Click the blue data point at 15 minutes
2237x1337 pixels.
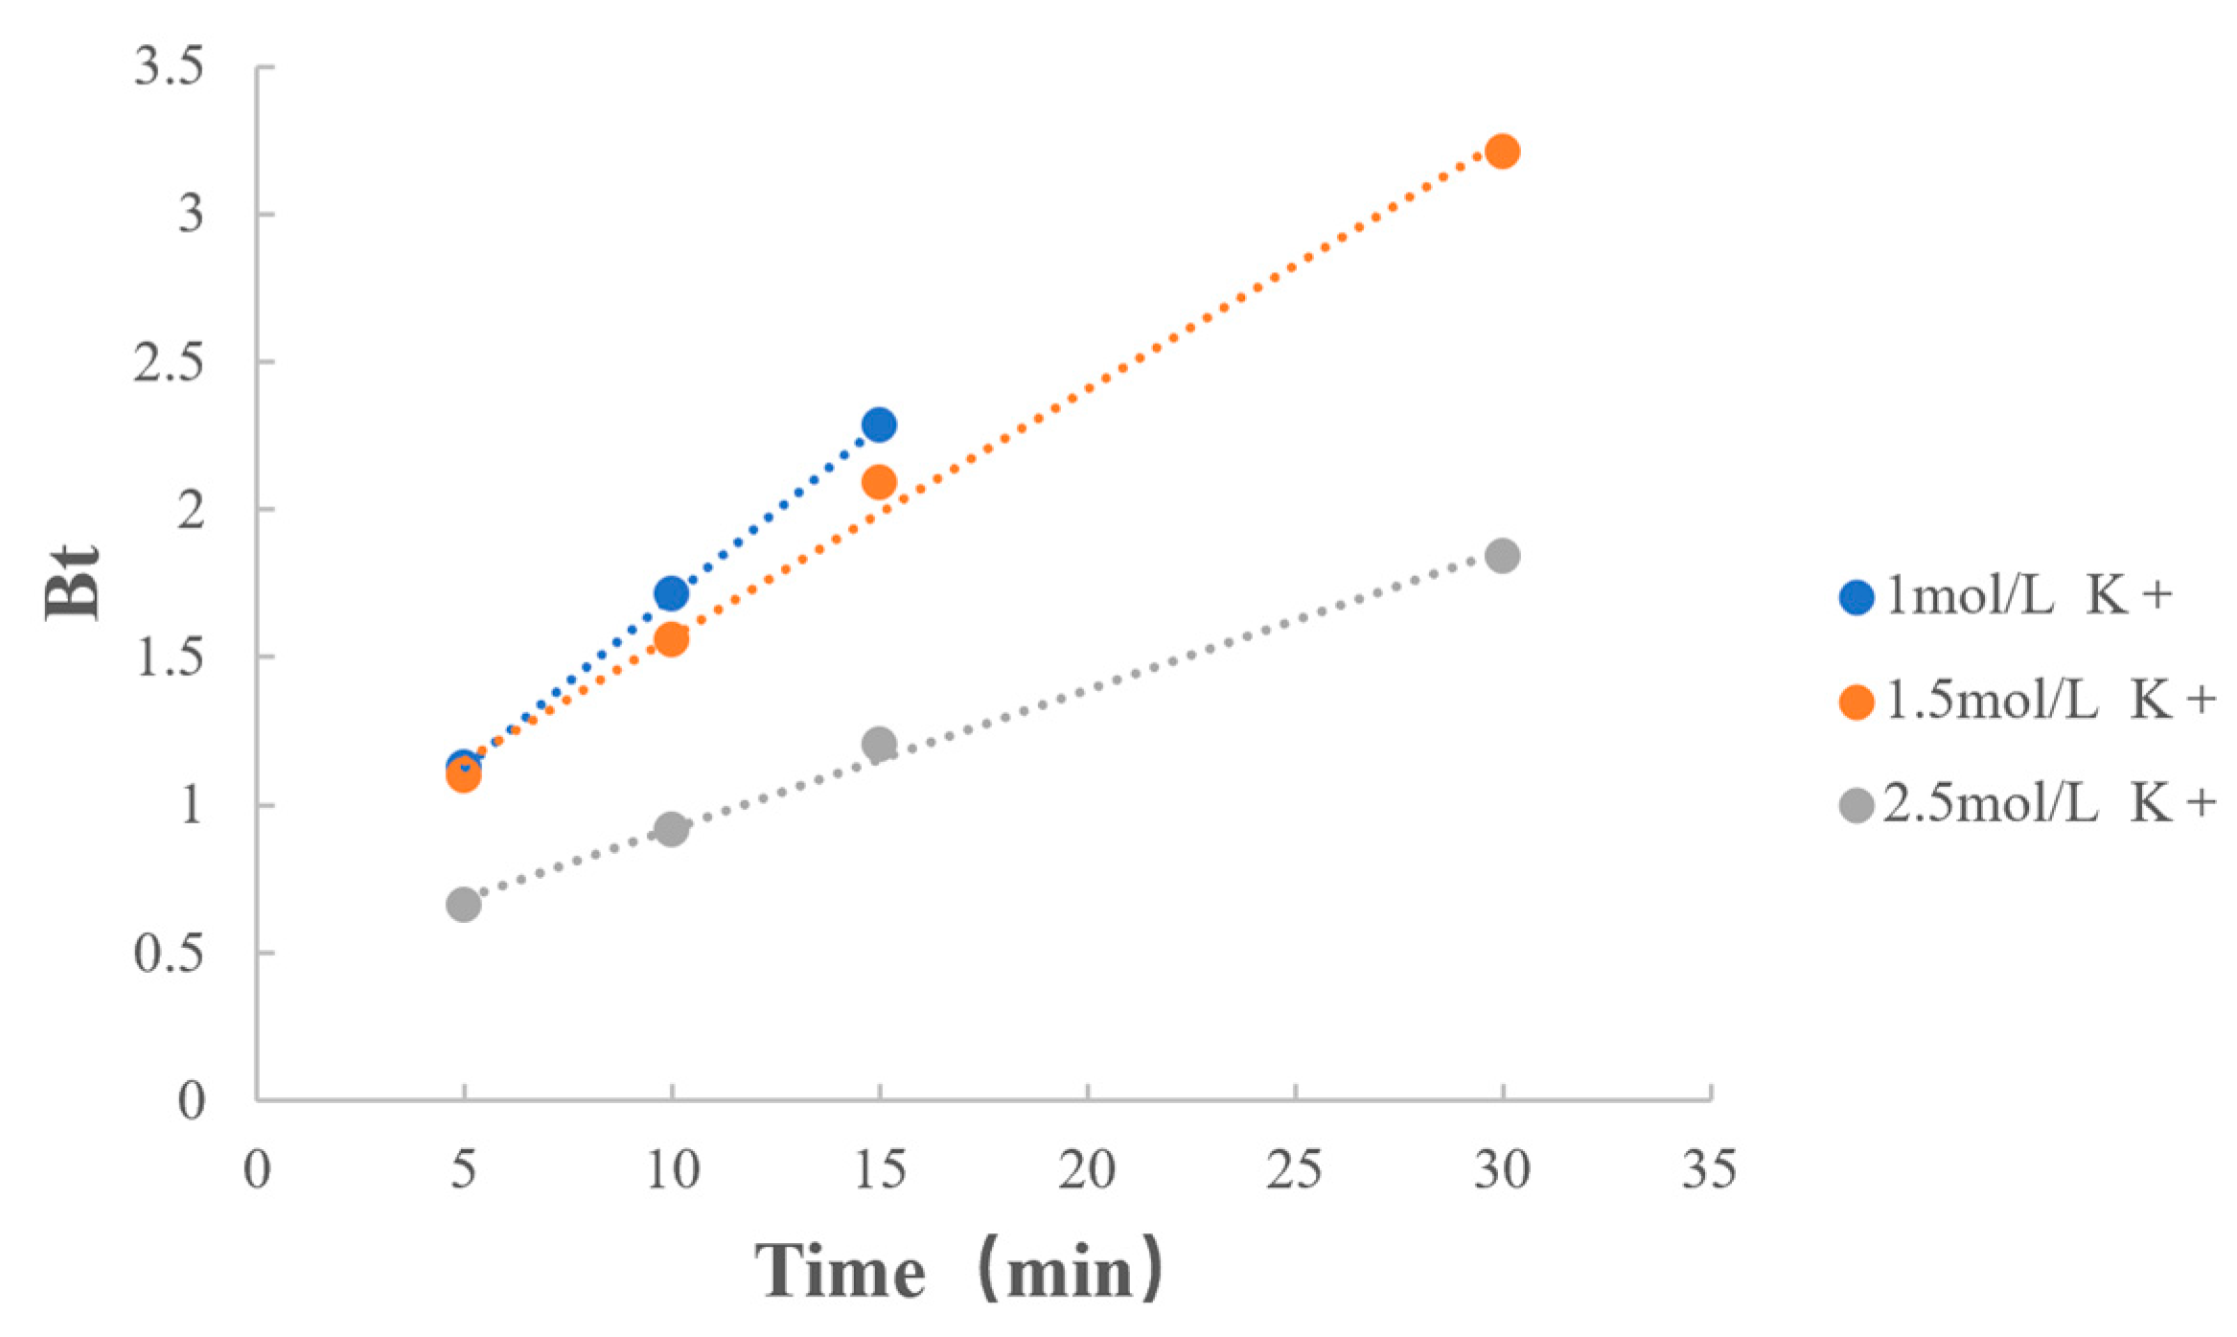[878, 425]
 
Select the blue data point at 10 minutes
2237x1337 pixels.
[671, 594]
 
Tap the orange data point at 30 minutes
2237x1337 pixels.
[1502, 151]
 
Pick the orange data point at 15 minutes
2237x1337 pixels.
[878, 482]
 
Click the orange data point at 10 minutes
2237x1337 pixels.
[671, 639]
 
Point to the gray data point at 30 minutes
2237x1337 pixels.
[1502, 556]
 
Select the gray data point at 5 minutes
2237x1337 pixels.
[463, 905]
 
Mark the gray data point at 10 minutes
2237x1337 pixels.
[671, 829]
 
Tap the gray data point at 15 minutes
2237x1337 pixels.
[878, 744]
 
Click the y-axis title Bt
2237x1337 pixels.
[73, 583]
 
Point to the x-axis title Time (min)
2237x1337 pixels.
[958, 1271]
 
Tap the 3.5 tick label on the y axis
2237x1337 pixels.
[169, 67]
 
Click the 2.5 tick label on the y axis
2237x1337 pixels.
[169, 362]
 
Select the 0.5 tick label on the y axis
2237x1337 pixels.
[169, 954]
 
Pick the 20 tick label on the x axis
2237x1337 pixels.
[1087, 1170]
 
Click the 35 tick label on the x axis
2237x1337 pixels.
[1709, 1170]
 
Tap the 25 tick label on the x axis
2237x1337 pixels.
[1294, 1170]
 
